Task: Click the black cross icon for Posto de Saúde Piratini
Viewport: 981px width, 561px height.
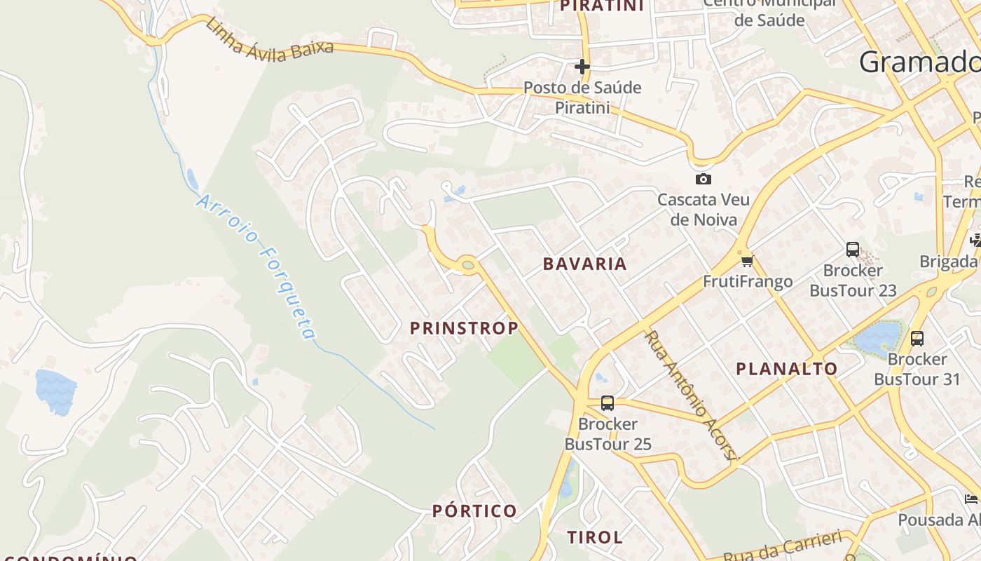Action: pyautogui.click(x=582, y=67)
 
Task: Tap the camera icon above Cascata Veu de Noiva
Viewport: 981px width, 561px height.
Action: pyautogui.click(x=703, y=179)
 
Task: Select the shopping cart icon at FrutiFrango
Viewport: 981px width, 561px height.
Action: pyautogui.click(x=747, y=262)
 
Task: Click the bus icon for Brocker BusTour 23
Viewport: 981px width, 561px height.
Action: pyautogui.click(x=853, y=249)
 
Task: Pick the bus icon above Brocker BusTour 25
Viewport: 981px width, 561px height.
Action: pyautogui.click(x=608, y=403)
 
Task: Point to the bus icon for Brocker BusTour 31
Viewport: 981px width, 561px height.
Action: pyautogui.click(x=917, y=339)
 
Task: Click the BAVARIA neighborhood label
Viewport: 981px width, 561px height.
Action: pyautogui.click(x=584, y=264)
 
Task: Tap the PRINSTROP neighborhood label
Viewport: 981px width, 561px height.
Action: pyautogui.click(x=464, y=328)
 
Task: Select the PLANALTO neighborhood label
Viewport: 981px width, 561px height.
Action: pyautogui.click(x=786, y=369)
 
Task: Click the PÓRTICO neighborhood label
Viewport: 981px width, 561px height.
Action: pyautogui.click(x=474, y=511)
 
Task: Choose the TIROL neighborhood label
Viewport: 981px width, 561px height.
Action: pyautogui.click(x=594, y=538)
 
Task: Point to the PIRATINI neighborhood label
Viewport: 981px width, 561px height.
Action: pyautogui.click(x=602, y=6)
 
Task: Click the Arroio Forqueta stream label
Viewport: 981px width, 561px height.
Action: pyautogui.click(x=256, y=266)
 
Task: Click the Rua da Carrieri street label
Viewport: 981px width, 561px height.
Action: pyautogui.click(x=781, y=547)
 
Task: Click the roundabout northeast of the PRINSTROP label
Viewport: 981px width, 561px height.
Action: pyautogui.click(x=468, y=264)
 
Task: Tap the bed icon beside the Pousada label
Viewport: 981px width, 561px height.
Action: pyautogui.click(x=970, y=499)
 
